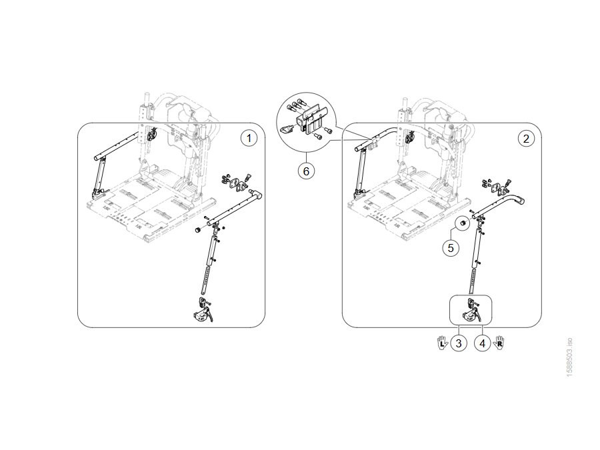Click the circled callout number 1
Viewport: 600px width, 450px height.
click(249, 138)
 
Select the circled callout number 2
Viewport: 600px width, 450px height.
click(526, 138)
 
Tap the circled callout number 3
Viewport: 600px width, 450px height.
click(459, 343)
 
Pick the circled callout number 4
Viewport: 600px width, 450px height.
click(482, 343)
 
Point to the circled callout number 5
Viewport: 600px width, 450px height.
click(451, 247)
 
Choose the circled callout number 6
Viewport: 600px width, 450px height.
click(306, 171)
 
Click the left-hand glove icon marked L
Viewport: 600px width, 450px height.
click(443, 343)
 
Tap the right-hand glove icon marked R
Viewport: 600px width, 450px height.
click(499, 343)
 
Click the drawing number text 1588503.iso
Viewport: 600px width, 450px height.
click(569, 357)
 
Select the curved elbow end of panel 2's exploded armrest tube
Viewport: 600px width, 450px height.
click(519, 200)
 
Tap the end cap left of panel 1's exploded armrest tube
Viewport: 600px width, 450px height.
click(198, 230)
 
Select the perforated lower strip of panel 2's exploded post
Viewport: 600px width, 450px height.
click(473, 281)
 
